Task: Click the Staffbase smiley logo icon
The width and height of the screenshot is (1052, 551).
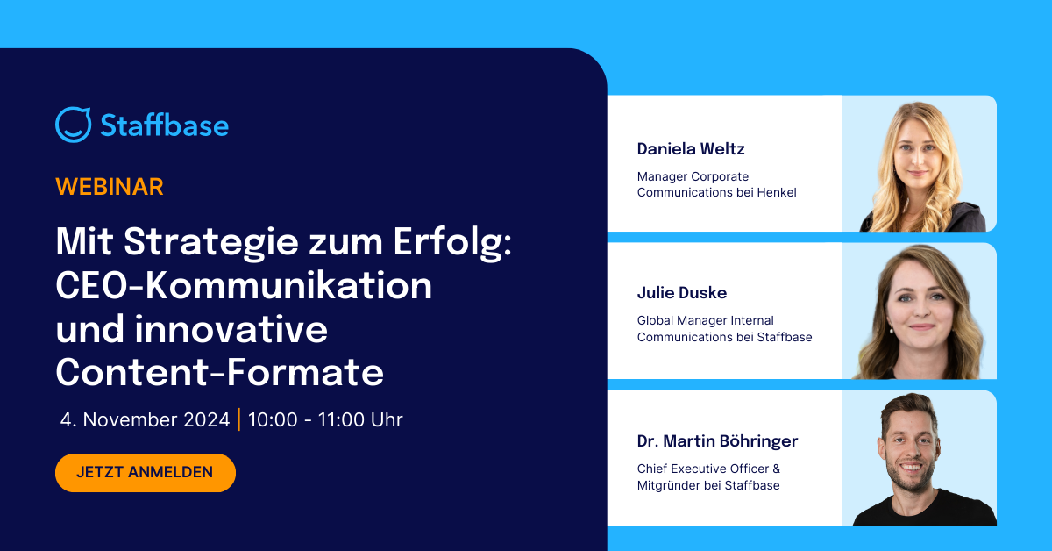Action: [x=73, y=125]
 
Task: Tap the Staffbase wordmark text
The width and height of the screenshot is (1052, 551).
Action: [x=164, y=125]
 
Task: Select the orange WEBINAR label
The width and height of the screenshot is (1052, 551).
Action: [x=110, y=186]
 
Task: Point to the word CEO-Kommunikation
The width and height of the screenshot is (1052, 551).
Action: [x=244, y=285]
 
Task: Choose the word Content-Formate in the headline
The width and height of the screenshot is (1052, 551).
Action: [x=220, y=373]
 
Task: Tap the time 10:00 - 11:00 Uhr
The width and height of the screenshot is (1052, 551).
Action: [x=325, y=419]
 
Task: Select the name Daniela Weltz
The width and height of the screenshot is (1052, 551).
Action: [x=691, y=148]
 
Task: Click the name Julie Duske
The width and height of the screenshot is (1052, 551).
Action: [x=682, y=292]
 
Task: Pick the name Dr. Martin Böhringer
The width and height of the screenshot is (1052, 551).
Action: [x=717, y=440]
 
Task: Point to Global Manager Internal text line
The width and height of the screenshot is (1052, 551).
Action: [x=706, y=321]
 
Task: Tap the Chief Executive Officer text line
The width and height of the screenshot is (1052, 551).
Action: [x=708, y=469]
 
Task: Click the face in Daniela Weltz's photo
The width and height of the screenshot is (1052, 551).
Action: [x=917, y=150]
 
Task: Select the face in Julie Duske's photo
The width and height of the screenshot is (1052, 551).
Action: [x=916, y=303]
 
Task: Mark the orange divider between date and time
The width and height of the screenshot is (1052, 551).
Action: [x=239, y=419]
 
